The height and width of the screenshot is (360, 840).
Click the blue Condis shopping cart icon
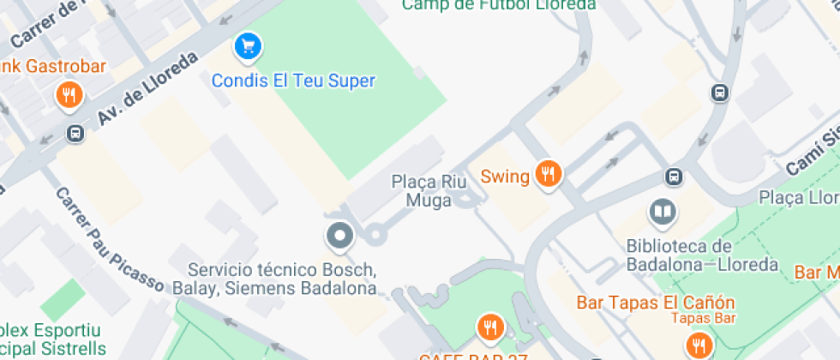248,46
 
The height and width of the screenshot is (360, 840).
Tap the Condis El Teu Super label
293,81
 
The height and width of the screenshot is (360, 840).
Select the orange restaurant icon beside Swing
547,174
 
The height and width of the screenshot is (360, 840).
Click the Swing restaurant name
505,177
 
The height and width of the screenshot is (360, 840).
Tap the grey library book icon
662,211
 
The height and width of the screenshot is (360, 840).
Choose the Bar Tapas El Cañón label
656,303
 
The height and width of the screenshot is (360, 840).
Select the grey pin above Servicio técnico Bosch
340,236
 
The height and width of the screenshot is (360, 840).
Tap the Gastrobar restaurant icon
69,95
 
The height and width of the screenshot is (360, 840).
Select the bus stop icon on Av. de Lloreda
75,133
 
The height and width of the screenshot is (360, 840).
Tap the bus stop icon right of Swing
675,177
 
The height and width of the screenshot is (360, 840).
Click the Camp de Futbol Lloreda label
498,5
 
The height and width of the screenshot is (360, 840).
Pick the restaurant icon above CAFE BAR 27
489,327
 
